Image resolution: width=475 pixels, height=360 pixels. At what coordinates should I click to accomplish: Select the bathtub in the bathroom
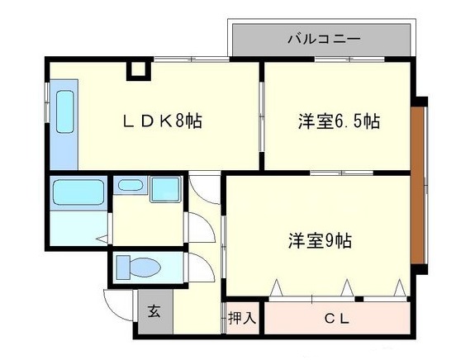[x=77, y=194]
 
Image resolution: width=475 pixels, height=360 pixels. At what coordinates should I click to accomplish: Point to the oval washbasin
[x=129, y=186]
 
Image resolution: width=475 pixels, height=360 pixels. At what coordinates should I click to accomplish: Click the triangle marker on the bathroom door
[x=99, y=239]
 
